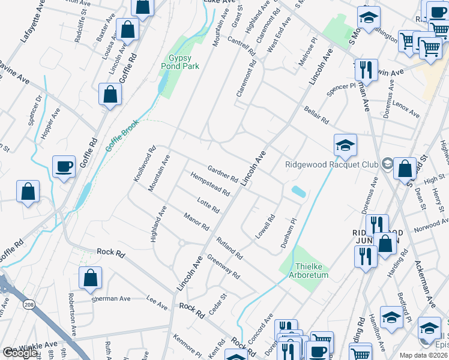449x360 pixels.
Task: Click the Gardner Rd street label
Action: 223,173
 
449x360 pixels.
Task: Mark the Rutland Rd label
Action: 229,246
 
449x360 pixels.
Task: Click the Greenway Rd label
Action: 223,267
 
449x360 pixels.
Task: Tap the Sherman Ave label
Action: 110,298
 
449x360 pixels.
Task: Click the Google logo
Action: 20,353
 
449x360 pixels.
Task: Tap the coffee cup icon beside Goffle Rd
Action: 64,167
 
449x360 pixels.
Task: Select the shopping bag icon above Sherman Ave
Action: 89,277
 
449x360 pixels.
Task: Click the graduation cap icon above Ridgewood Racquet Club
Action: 346,145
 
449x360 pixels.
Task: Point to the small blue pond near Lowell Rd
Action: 297,192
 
